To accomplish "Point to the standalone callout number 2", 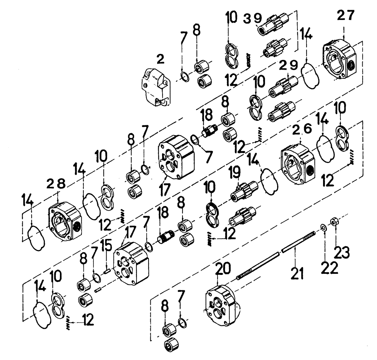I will [x=161, y=59].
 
